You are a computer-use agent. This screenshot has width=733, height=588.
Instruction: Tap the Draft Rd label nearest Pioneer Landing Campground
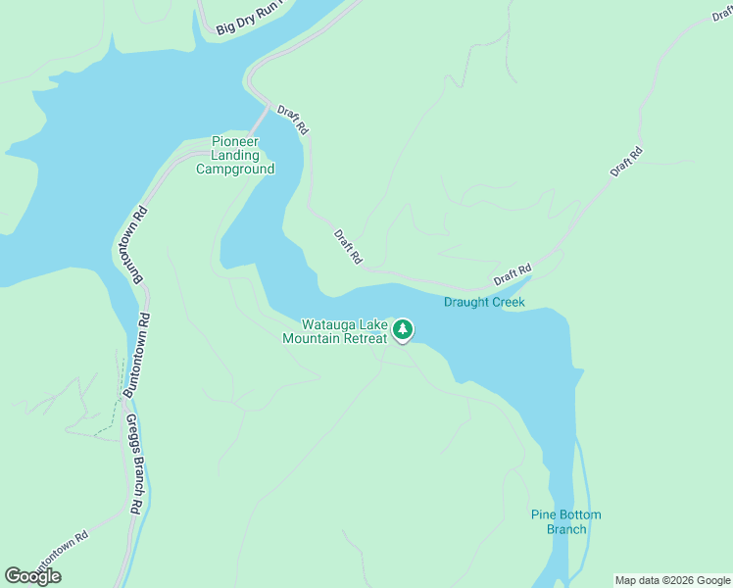click(x=293, y=120)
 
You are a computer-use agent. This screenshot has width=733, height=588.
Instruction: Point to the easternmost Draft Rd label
click(x=625, y=162)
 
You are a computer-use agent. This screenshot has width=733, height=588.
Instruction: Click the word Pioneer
click(x=235, y=141)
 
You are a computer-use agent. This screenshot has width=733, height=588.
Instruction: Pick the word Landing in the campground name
click(x=235, y=155)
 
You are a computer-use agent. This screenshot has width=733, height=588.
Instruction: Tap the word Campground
click(x=235, y=169)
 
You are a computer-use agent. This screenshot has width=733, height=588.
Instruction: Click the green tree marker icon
click(x=403, y=330)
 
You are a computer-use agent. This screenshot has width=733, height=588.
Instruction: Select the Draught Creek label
click(x=484, y=302)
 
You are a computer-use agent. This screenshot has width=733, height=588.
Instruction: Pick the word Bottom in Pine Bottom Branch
click(x=581, y=515)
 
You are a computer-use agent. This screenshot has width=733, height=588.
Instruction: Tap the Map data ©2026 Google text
click(x=672, y=580)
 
